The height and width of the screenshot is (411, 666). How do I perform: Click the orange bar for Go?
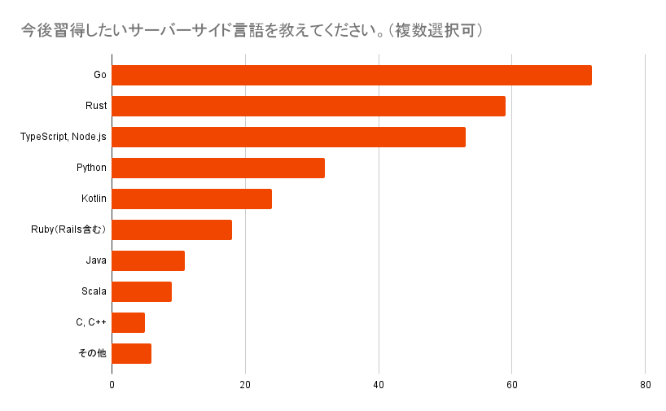pos(352,75)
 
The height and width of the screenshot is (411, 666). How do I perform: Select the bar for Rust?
pos(309,106)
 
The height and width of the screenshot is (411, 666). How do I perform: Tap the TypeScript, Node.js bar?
pos(288,137)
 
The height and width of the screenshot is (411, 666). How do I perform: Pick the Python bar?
pos(218,168)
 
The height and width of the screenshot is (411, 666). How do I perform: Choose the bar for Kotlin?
pos(191,199)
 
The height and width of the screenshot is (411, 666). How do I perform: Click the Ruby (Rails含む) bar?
pos(172,230)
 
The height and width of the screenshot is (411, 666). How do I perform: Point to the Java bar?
pos(148,260)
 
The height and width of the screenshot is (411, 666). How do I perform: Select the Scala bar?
pos(142,291)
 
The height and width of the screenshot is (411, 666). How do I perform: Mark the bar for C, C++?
pos(129,322)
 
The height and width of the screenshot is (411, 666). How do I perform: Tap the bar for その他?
pos(132,353)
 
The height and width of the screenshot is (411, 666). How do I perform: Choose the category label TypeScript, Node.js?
pos(64,137)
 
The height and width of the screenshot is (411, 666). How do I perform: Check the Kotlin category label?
pos(94,199)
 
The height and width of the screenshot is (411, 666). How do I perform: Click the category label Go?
pos(100,75)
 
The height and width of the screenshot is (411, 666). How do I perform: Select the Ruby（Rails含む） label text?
pos(68,230)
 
